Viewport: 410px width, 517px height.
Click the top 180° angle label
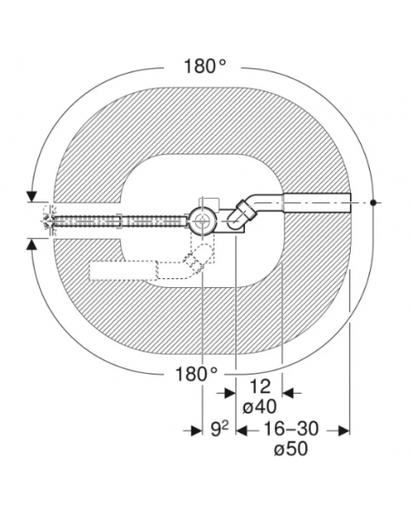[x=205, y=66]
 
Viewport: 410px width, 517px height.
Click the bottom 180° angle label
[x=196, y=374]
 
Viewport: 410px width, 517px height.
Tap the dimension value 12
[x=260, y=387]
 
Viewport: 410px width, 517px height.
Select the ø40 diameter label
[x=260, y=407]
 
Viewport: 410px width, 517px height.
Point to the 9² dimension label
[x=220, y=429]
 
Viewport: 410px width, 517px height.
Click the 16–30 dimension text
[x=291, y=429]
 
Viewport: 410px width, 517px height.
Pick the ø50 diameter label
[x=291, y=449]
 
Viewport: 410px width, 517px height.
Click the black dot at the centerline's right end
[x=373, y=202]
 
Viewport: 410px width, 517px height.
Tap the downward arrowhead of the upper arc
[x=32, y=197]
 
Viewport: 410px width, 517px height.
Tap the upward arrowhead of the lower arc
[x=32, y=244]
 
